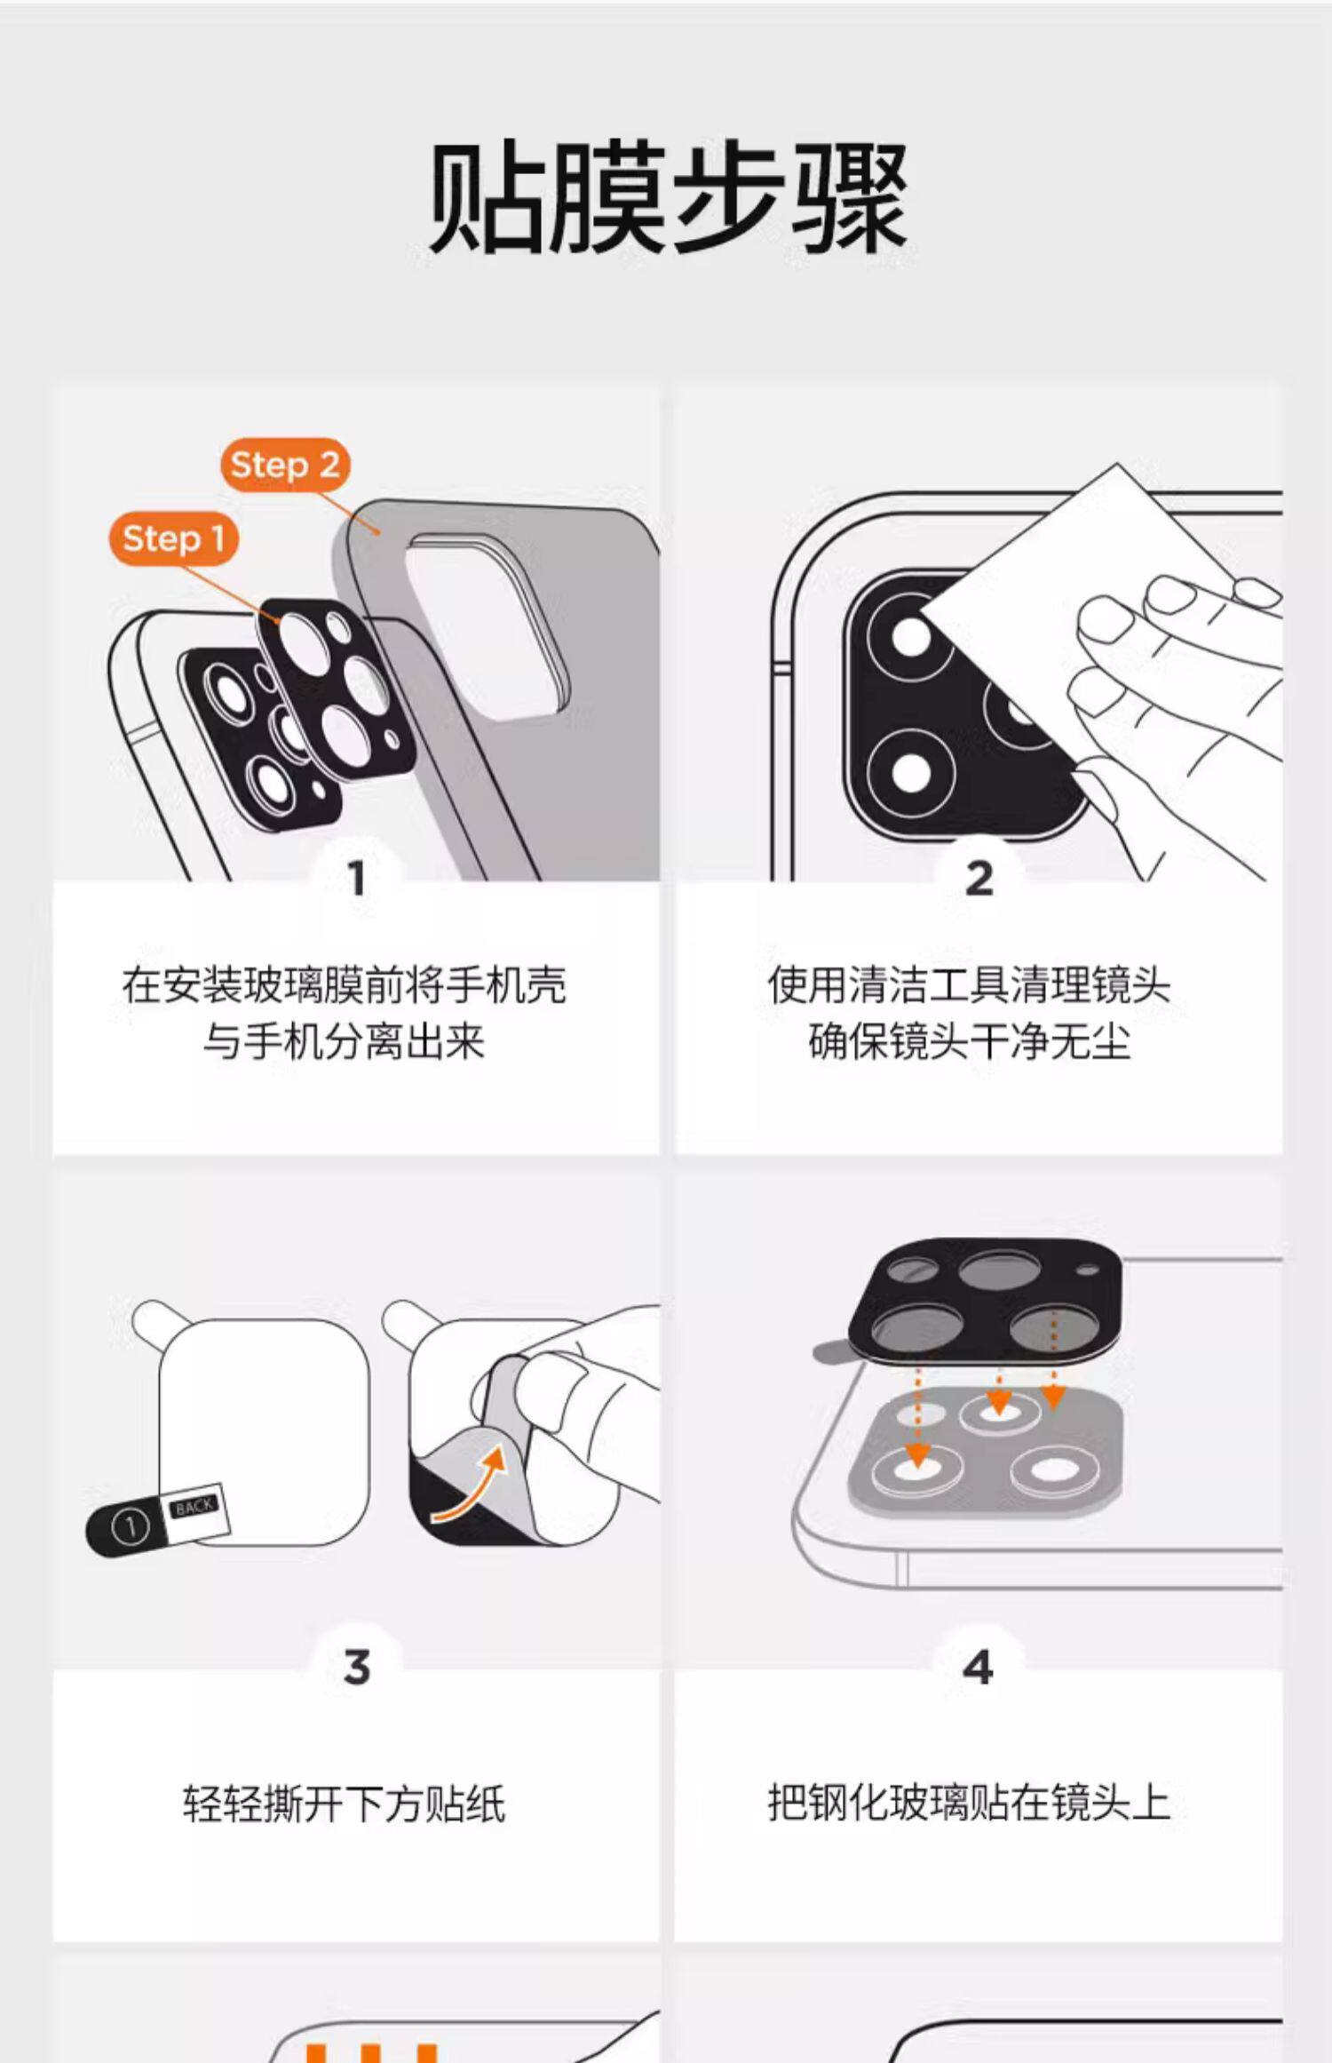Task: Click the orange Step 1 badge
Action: point(174,538)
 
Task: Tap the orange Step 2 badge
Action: point(285,465)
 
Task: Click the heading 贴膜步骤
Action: point(668,197)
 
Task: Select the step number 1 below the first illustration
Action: point(357,879)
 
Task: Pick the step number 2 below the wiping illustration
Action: point(979,879)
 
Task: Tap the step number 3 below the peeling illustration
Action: point(357,1667)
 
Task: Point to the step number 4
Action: point(978,1667)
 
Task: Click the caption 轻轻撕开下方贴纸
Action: point(345,1804)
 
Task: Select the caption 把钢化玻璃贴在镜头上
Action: point(969,1803)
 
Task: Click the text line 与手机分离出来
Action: point(345,1040)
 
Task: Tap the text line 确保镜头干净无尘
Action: point(969,1040)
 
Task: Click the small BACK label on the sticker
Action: point(194,1506)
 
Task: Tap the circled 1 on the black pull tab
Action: point(130,1527)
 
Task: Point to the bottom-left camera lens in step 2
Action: point(910,771)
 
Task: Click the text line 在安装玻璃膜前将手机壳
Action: point(345,984)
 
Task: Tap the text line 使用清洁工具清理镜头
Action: point(969,984)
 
